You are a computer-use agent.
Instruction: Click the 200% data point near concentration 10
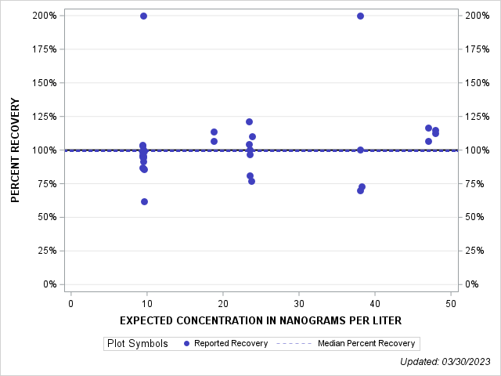point(143,16)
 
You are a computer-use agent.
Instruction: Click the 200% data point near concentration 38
point(360,16)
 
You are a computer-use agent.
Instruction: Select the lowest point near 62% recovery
point(144,201)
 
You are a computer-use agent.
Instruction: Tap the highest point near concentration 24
point(249,121)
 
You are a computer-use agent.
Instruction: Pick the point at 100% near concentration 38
point(360,150)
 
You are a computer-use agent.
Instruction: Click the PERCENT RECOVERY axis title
point(16,150)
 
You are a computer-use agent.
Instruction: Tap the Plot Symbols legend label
point(137,343)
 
